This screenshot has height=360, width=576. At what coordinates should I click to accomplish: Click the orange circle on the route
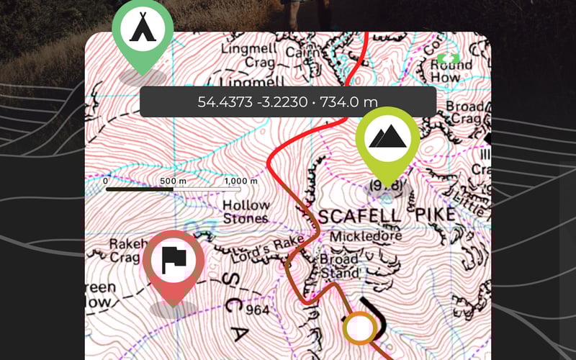coord(359,328)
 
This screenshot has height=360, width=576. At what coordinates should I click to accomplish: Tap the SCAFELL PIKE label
coord(387,215)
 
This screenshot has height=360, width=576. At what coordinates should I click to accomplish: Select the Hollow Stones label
coord(246,211)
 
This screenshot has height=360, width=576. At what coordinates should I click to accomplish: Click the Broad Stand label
coord(339,266)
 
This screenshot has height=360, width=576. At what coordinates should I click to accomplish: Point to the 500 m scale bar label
coord(171,180)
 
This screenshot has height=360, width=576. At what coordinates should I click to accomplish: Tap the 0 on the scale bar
coord(105,180)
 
